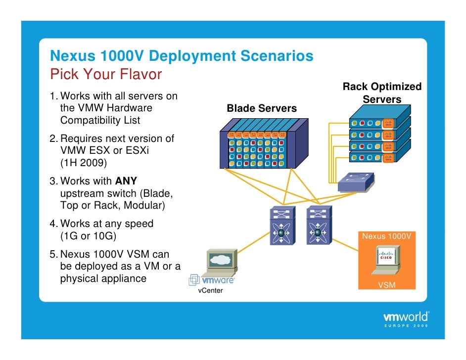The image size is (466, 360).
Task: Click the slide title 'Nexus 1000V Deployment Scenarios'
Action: point(182,56)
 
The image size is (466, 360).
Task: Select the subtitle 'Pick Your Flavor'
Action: point(106,75)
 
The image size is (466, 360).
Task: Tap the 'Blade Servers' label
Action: point(261,108)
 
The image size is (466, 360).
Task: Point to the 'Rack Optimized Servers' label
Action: point(382,93)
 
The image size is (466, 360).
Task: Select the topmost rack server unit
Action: point(379,123)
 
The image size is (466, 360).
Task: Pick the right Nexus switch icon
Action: point(319,225)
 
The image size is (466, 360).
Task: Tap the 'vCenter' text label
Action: point(210,290)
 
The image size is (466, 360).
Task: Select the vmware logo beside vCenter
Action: point(211,280)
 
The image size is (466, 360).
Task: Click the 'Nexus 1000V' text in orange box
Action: point(386,236)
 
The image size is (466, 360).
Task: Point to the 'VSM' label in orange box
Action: point(386,285)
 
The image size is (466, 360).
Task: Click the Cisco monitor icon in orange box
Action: point(386,261)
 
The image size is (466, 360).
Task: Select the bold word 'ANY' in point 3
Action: point(126,181)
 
